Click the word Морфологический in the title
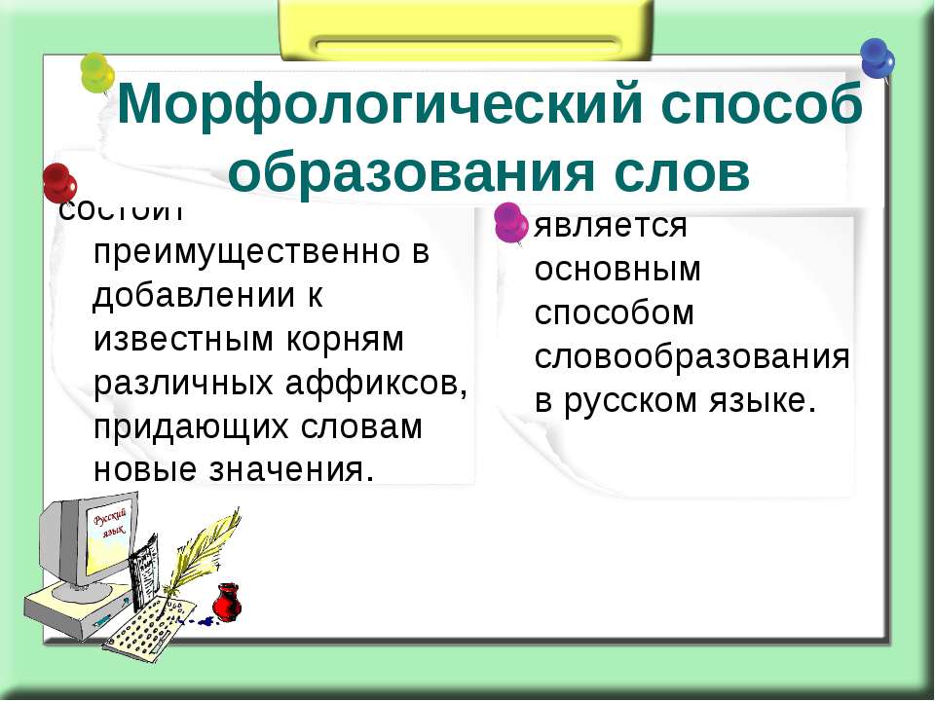click(377, 105)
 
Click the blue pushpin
click(877, 57)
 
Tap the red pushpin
click(59, 182)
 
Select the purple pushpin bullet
click(510, 221)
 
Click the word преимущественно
click(248, 252)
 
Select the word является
click(611, 226)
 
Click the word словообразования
click(692, 357)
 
